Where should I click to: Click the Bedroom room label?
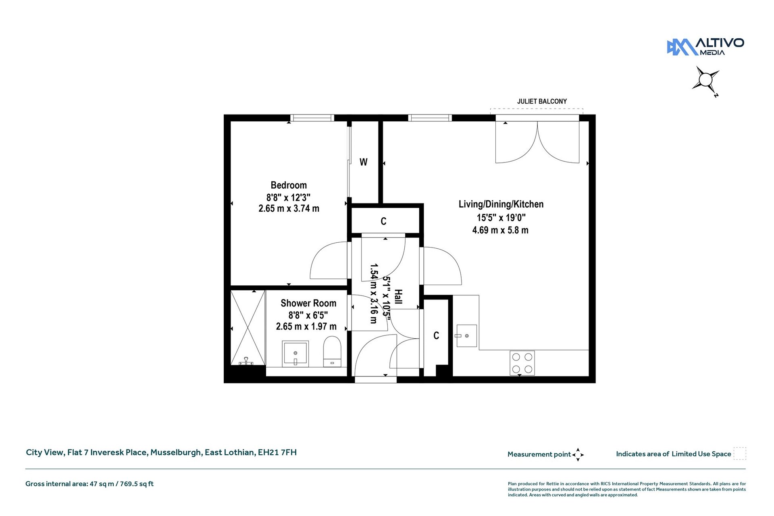pyautogui.click(x=289, y=185)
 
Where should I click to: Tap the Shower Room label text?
pyautogui.click(x=308, y=303)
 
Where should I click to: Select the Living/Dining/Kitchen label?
pyautogui.click(x=501, y=204)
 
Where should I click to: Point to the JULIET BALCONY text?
pyautogui.click(x=542, y=101)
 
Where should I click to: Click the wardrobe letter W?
pyautogui.click(x=363, y=162)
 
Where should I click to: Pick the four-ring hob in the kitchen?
pyautogui.click(x=522, y=363)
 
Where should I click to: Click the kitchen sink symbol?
pyautogui.click(x=466, y=336)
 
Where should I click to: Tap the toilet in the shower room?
pyautogui.click(x=332, y=352)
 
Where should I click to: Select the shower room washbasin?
pyautogui.click(x=295, y=354)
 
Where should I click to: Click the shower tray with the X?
pyautogui.click(x=248, y=328)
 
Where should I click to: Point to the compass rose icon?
pyautogui.click(x=706, y=80)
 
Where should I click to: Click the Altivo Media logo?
pyautogui.click(x=705, y=47)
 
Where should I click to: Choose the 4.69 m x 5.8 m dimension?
pyautogui.click(x=500, y=230)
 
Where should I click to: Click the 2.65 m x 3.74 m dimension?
pyautogui.click(x=289, y=208)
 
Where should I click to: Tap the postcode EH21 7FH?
pyautogui.click(x=277, y=452)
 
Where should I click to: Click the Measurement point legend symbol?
pyautogui.click(x=578, y=454)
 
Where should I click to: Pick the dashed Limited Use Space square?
pyautogui.click(x=740, y=454)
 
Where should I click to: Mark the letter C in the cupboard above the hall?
pyautogui.click(x=383, y=221)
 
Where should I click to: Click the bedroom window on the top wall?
pyautogui.click(x=312, y=118)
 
